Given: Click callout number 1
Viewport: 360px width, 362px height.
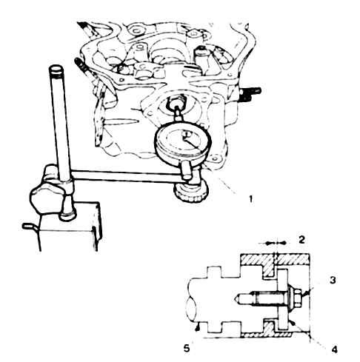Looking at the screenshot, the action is [x=250, y=198].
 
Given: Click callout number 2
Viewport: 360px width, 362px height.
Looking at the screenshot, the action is [x=301, y=240].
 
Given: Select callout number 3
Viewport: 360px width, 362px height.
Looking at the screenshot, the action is [x=333, y=281].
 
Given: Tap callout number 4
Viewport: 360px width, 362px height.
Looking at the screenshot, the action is [x=334, y=349].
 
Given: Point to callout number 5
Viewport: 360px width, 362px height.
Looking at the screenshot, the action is [x=187, y=349].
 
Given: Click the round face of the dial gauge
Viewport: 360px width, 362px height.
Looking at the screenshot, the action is [x=183, y=142].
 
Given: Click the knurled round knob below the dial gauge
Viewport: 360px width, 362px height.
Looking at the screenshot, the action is [x=192, y=192].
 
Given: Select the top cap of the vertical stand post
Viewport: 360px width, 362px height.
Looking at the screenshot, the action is [x=56, y=69].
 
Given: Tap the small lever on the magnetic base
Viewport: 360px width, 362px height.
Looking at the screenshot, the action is [x=30, y=227].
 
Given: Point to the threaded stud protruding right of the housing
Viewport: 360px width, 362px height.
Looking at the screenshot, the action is [x=250, y=94].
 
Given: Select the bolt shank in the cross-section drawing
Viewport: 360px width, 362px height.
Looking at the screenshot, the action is [x=261, y=299].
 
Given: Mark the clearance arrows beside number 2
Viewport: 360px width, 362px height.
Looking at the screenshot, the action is [x=276, y=243].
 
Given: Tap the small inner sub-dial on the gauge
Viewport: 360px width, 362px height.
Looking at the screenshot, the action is [x=185, y=134].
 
